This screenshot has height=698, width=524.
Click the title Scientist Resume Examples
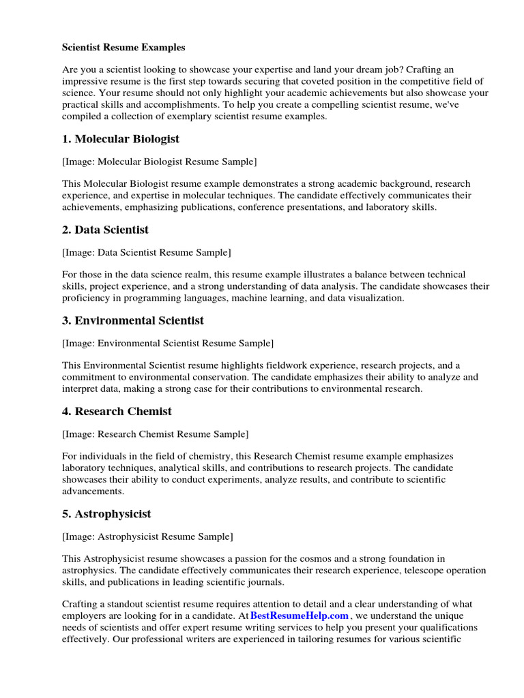[123, 48]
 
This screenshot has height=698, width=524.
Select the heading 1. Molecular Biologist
[121, 139]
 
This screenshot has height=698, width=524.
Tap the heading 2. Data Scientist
[105, 230]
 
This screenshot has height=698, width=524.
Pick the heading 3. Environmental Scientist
[133, 320]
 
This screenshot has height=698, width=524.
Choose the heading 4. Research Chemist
[117, 412]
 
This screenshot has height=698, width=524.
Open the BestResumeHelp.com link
[300, 616]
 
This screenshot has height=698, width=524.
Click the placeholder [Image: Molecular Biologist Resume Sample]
[160, 162]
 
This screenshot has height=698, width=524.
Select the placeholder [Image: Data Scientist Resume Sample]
[147, 253]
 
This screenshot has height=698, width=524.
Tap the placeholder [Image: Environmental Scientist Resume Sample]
[168, 344]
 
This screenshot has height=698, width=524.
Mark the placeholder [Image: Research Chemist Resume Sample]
[156, 434]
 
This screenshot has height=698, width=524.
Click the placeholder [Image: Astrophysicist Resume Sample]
[148, 536]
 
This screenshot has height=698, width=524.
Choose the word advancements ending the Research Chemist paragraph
[93, 491]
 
